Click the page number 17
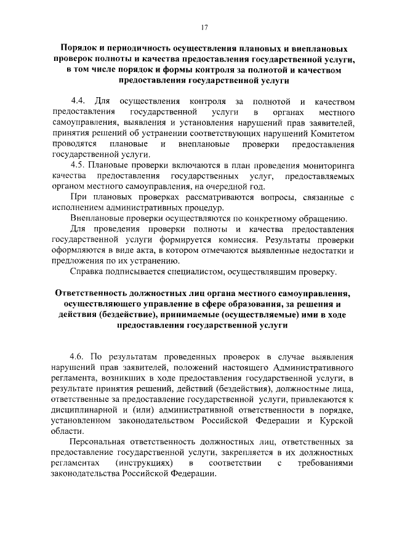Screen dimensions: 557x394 [x=205, y=26]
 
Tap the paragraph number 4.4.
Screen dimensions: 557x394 [x=78, y=100]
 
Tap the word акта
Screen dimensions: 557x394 [x=143, y=252]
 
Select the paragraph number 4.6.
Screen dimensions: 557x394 [x=78, y=356]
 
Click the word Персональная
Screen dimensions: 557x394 [x=97, y=443]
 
